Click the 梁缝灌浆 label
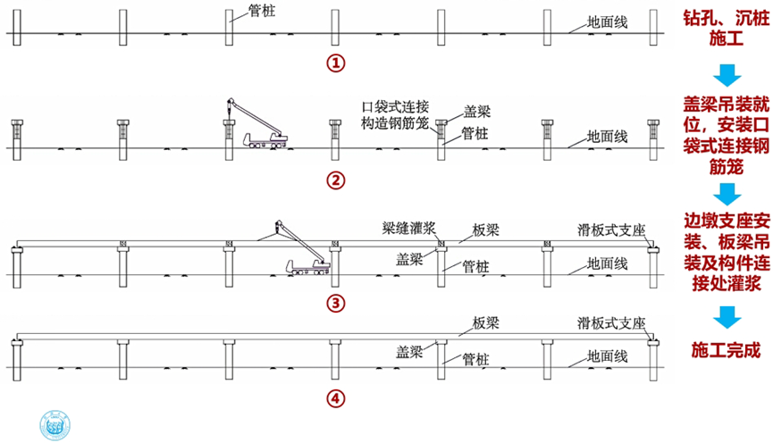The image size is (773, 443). pos(405,228)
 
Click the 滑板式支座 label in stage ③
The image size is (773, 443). pos(611,229)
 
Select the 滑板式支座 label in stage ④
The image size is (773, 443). pos(611,322)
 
